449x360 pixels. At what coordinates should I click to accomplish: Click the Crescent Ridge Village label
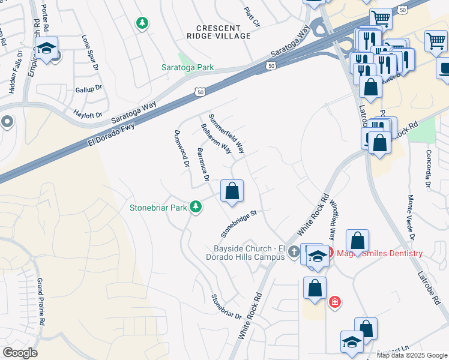coord(223,32)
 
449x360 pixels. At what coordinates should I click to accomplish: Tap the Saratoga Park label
coord(188,67)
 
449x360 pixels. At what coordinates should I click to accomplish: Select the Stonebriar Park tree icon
coord(195,207)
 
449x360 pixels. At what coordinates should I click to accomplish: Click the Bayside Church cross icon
coord(293,252)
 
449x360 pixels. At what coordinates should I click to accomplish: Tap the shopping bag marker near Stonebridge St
coord(232,192)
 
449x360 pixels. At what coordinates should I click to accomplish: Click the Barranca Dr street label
coord(203,164)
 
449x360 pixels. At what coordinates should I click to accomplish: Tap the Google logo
coord(20,353)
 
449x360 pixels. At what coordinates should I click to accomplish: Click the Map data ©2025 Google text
coord(412,355)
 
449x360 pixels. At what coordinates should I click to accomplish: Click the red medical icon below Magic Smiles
coord(334,301)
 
